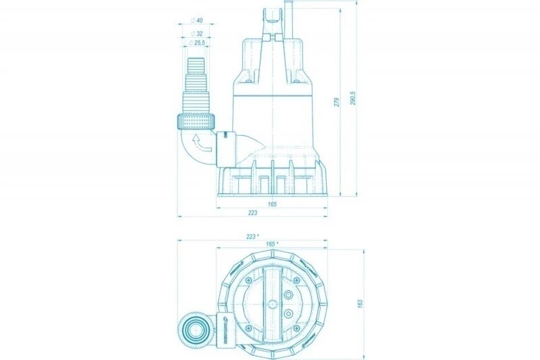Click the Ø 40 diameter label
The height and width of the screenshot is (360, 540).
(x=199, y=20)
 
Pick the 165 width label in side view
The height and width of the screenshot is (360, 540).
(x=272, y=203)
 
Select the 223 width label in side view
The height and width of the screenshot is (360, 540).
(x=252, y=213)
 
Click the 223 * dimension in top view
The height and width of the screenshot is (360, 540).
(x=252, y=236)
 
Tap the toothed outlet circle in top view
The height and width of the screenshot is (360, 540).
(x=196, y=332)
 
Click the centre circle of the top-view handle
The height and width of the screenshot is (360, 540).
(x=272, y=303)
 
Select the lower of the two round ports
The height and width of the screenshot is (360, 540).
(x=289, y=314)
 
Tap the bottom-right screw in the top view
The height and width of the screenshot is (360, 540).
(x=298, y=329)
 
